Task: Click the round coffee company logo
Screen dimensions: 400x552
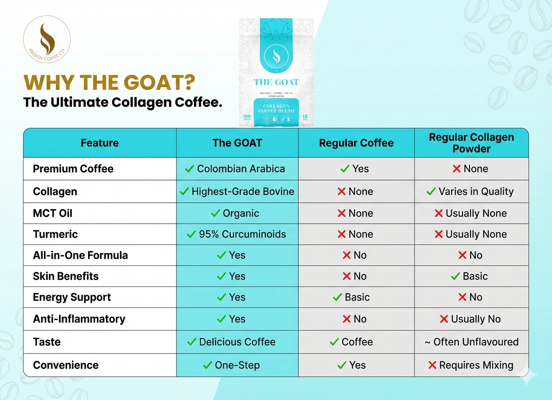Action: (x=47, y=39)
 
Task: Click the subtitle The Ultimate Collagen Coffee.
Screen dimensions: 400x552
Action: (x=123, y=102)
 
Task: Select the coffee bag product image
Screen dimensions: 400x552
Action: (x=276, y=72)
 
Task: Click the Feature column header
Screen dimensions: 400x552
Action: (x=99, y=143)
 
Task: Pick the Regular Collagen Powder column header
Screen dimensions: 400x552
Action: (x=471, y=143)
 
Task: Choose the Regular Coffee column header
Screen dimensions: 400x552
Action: (x=356, y=143)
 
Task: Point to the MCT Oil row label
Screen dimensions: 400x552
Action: (x=53, y=213)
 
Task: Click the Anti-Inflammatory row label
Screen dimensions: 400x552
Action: (x=79, y=319)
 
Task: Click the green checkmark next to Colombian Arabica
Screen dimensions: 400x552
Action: (x=189, y=169)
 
